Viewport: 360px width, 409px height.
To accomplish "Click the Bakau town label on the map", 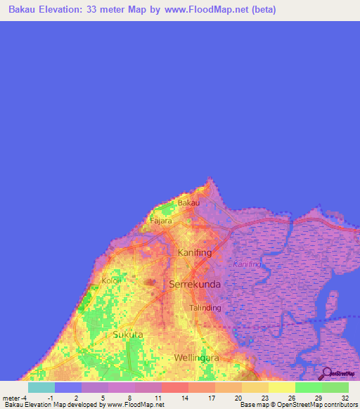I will point(188,203).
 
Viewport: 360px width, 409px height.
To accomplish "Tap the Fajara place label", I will point(161,221).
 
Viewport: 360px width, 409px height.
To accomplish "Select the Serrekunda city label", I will point(195,285).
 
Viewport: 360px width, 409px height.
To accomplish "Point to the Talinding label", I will point(206,308).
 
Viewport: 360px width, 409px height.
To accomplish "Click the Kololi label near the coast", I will point(111,280).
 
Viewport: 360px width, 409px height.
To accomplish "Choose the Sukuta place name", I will point(128,335).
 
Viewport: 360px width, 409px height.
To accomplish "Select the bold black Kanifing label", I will point(195,252).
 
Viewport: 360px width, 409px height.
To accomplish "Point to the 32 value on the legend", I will point(345,398).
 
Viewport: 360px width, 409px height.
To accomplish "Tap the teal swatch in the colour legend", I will point(41,387).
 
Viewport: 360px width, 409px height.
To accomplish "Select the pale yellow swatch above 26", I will point(282,387).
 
